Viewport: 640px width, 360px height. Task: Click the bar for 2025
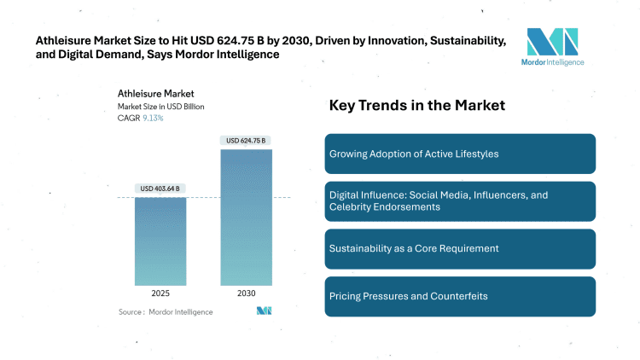point(160,241)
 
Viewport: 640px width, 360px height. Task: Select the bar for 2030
point(246,217)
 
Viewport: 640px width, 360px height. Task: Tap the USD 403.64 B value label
point(160,189)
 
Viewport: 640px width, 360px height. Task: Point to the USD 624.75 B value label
point(246,140)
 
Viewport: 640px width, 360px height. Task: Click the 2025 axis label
point(160,293)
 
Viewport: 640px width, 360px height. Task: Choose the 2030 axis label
point(246,293)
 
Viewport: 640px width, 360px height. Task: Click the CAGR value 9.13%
point(153,118)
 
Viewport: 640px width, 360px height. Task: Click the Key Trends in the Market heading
point(417,106)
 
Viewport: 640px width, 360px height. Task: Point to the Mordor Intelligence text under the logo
point(552,62)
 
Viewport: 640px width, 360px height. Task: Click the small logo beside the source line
point(264,311)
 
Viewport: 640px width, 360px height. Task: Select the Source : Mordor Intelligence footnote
point(166,311)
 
